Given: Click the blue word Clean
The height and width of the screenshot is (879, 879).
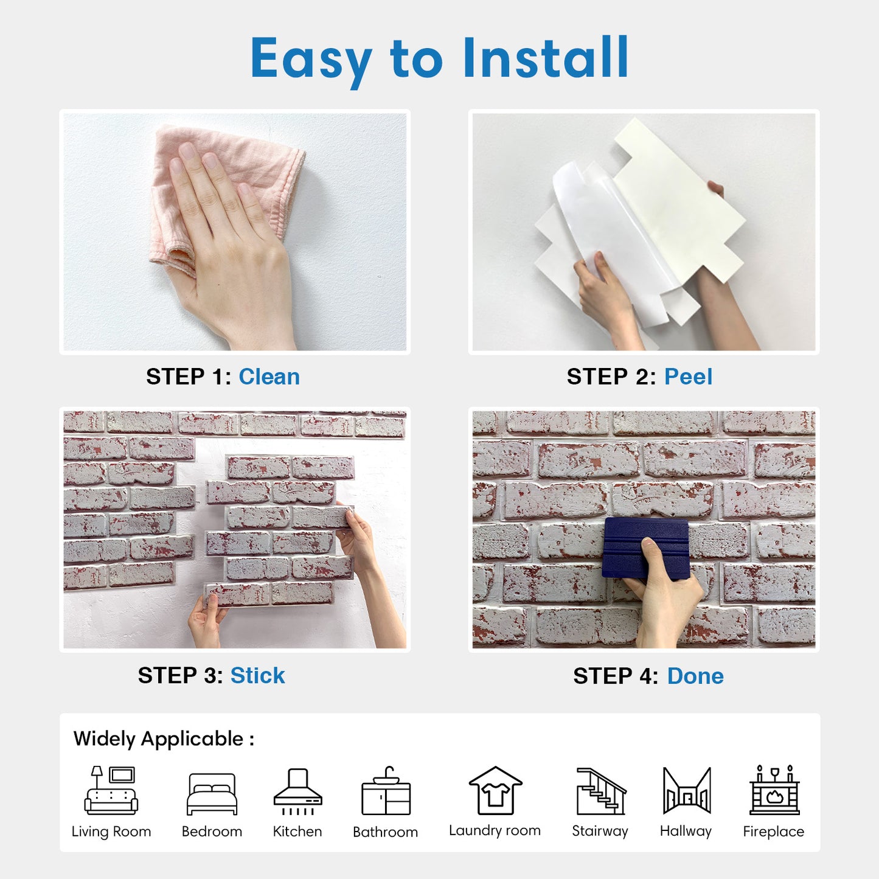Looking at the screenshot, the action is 269,377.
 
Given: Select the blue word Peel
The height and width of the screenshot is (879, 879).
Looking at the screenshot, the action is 688,377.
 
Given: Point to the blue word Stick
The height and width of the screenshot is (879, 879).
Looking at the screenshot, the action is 258,676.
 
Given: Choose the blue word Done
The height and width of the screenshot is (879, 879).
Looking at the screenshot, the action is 695,676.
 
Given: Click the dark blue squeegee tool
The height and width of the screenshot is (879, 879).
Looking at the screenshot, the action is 645,549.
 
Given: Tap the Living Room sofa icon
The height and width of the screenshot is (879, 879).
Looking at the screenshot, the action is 111,791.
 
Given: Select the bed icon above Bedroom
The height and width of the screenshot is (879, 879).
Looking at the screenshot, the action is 212,794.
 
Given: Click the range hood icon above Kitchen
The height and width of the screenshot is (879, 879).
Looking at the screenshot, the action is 297,791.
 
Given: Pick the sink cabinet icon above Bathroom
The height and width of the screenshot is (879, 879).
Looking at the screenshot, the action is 386,791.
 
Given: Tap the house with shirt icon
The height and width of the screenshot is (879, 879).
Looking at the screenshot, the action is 495,791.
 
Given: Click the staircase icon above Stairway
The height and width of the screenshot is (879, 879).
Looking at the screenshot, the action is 601,791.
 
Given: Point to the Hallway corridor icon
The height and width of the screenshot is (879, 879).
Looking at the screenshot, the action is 687,791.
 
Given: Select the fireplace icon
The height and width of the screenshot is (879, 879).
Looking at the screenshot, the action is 774,790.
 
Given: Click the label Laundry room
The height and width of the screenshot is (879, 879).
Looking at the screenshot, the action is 495,831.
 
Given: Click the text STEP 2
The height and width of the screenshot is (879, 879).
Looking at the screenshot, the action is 611,377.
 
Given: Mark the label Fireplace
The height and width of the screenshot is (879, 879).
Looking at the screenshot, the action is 774,832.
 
